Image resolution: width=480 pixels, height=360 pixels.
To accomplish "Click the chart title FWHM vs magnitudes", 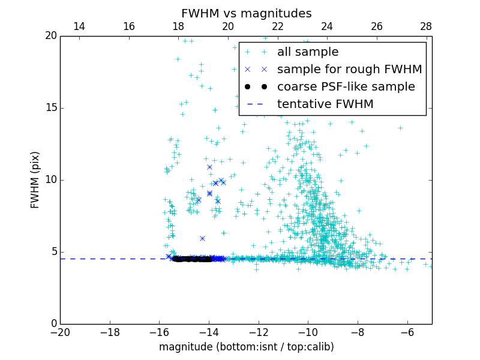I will pos(246,13).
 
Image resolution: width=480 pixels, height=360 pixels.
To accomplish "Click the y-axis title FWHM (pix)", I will pos(35,180).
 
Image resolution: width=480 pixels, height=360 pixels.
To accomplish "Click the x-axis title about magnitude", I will pos(246,347).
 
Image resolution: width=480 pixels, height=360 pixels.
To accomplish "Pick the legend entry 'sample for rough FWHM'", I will pos(349,70).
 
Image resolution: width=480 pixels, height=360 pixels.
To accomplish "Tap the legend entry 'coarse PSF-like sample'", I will pos(346,87).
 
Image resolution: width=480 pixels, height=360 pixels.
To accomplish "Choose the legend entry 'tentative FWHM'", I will pos(325,104).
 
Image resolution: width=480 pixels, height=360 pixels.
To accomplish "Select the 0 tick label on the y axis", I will pos(52,324).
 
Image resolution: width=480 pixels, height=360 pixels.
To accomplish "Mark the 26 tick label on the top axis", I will pos(376,26).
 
